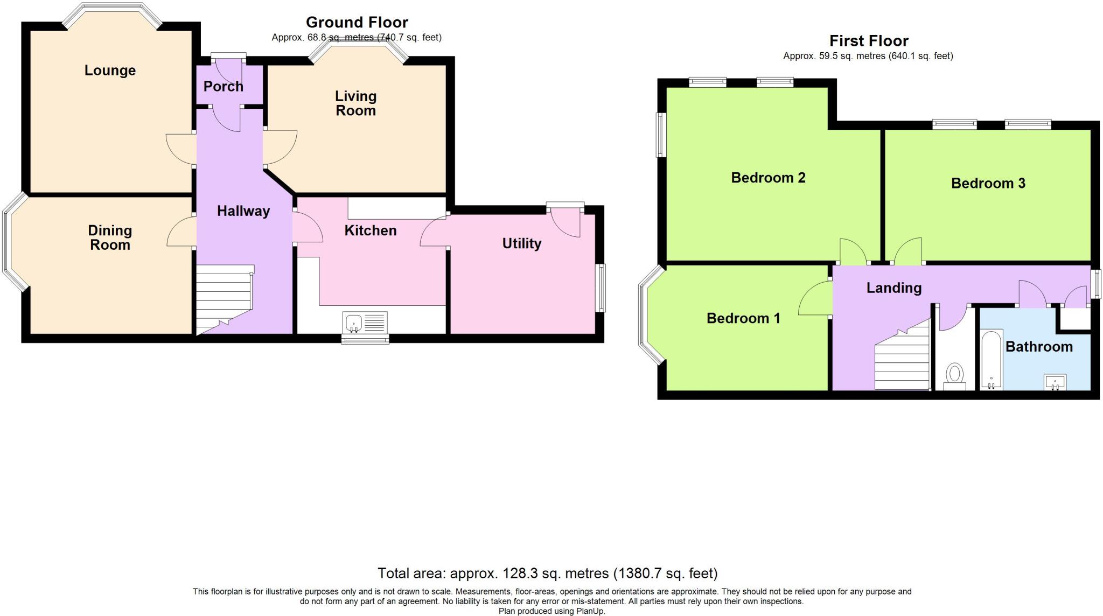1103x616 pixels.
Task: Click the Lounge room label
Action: point(110,71)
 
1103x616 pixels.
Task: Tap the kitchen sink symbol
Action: point(353,322)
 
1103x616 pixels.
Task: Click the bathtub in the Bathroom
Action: point(991,359)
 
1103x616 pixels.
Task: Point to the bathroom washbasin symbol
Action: point(1055,382)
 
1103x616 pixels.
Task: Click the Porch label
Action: point(223,86)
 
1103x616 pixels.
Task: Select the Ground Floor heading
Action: point(357,22)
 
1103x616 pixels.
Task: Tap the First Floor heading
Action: point(868,41)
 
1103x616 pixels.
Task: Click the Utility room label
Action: point(521,243)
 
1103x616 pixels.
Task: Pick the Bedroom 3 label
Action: point(988,184)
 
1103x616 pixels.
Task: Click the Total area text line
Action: point(547,573)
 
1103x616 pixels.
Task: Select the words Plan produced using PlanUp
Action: point(551,611)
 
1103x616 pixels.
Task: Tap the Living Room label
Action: point(355,103)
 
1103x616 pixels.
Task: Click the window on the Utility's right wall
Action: point(601,288)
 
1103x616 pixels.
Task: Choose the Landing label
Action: point(893,288)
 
